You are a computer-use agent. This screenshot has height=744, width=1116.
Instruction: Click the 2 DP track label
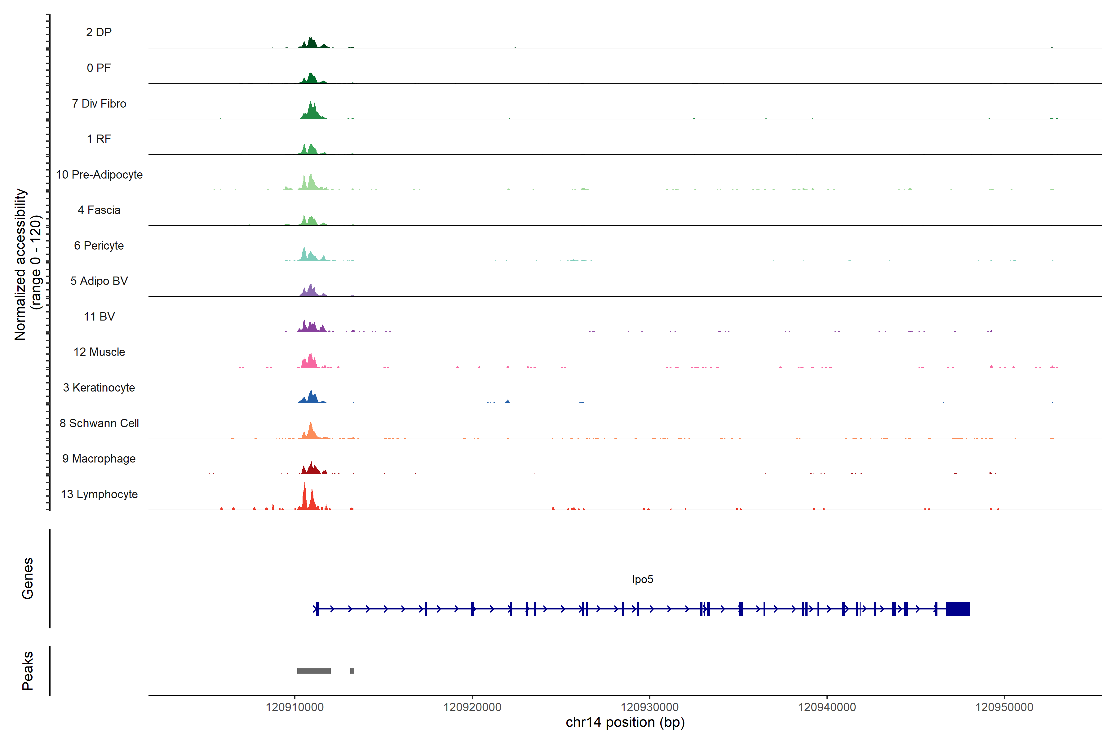coord(99,32)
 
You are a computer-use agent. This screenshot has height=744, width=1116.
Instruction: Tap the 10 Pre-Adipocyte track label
coord(99,175)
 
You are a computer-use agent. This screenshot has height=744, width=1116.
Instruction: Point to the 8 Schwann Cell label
coord(99,423)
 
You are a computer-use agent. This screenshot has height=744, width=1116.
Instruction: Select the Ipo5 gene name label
coord(642,579)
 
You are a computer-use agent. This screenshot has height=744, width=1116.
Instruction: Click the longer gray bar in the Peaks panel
coord(314,671)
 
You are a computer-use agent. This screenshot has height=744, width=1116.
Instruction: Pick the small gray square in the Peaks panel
coord(352,671)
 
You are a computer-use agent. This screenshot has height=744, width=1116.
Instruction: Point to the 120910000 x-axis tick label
coord(295,707)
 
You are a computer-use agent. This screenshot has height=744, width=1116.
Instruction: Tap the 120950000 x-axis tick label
coord(1004,707)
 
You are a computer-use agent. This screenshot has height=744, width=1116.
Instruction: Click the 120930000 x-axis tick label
coord(649,707)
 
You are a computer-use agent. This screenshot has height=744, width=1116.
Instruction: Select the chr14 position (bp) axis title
coord(625,723)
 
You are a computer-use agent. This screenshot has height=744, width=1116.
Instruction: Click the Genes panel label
coord(28,578)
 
